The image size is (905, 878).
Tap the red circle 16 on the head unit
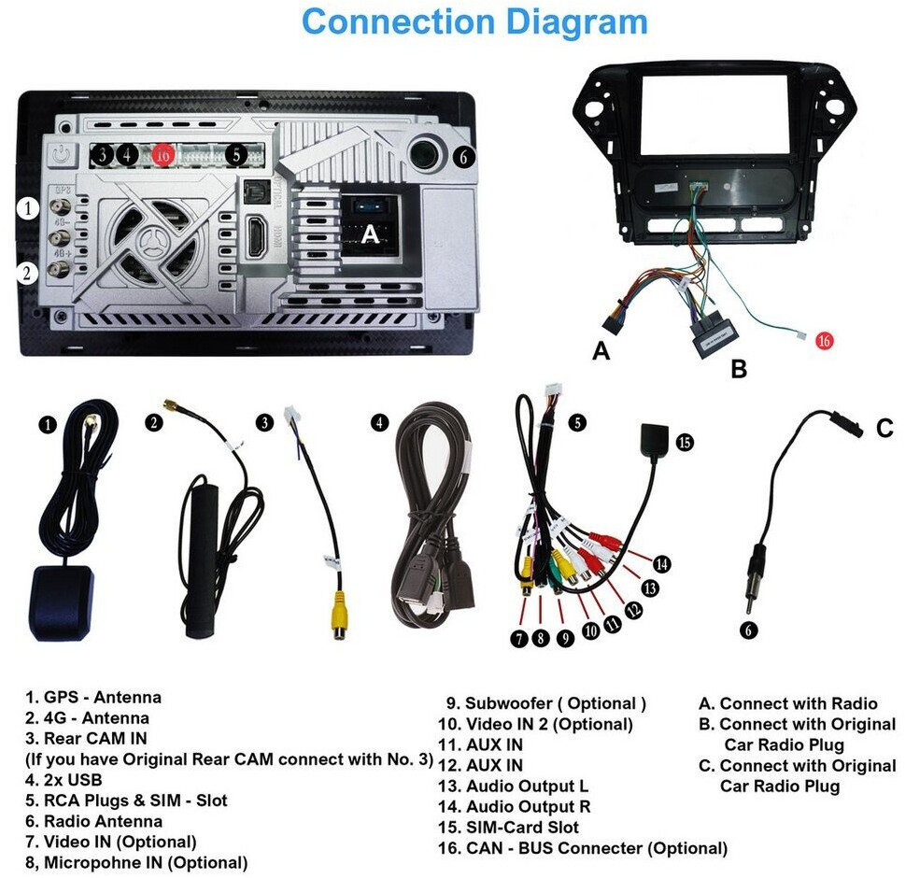tap(163, 154)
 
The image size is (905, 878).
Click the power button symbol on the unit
tap(61, 154)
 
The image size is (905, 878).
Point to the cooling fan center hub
tap(155, 239)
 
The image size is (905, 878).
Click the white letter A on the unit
tap(370, 234)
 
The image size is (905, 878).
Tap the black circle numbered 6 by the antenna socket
tap(464, 156)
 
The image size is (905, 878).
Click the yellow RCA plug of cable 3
tap(339, 615)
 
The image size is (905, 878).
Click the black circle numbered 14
tap(661, 563)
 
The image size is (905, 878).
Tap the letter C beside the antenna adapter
tap(884, 429)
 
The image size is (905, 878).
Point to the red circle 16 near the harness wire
tap(824, 341)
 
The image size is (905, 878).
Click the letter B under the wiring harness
tap(739, 368)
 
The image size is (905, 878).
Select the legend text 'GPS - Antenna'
tap(103, 698)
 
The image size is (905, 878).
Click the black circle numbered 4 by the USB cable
tap(379, 423)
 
